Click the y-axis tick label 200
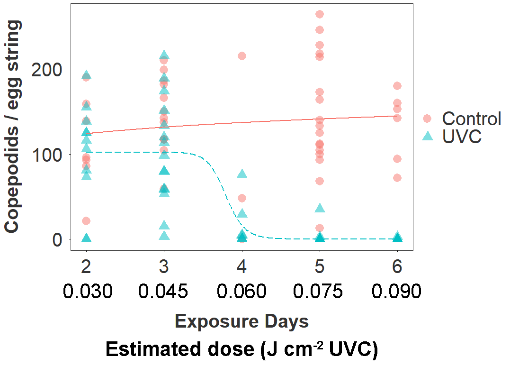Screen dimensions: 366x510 point(46,69)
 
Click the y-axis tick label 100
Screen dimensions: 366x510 point(46,155)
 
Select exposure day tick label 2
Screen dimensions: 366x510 point(86,266)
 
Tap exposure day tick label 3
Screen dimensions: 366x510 point(164,266)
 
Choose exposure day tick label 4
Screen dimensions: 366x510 point(242,266)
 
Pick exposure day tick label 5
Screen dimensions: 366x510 point(320,266)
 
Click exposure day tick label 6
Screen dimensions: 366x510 point(397,266)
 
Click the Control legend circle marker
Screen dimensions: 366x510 point(427,119)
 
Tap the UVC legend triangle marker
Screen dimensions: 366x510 point(427,136)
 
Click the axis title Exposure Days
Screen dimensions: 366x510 point(242,321)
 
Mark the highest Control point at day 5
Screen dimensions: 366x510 point(320,15)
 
